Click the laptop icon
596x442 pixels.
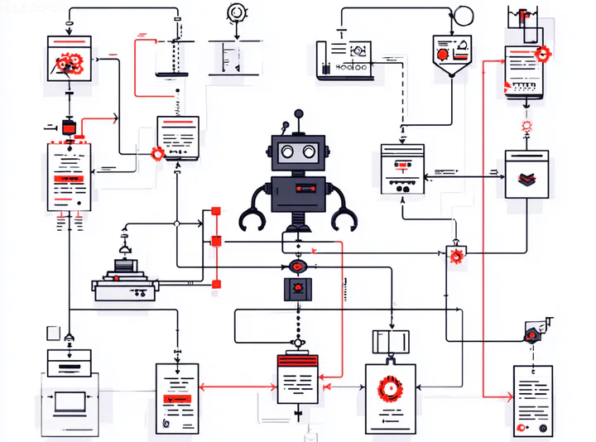(69, 402)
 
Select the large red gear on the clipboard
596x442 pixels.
(387, 389)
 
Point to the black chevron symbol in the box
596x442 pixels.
(526, 176)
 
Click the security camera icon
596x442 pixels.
(530, 333)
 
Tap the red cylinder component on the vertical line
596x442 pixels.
(69, 127)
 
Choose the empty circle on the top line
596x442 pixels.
(464, 14)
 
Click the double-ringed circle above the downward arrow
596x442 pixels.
(236, 12)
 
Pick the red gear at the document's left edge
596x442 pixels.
(157, 153)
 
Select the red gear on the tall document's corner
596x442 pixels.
(543, 55)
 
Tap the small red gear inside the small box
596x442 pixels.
(455, 256)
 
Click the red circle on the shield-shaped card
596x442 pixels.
(443, 54)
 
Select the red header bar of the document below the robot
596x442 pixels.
(298, 361)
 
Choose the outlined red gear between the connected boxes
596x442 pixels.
(526, 127)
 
